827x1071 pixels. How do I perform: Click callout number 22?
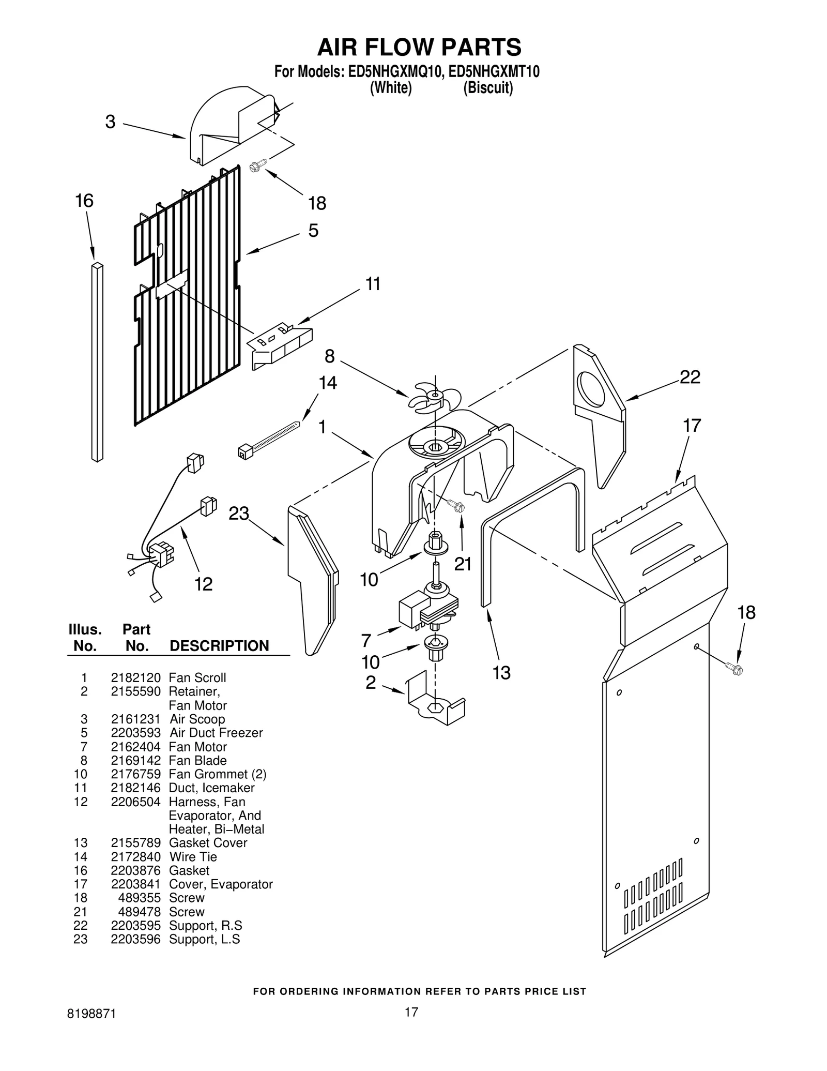pos(690,377)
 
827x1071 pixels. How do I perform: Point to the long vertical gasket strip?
pos(97,362)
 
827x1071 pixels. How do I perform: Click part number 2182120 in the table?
pos(135,677)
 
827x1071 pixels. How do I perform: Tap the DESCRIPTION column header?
pos(219,645)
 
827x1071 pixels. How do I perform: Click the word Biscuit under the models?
pos(488,88)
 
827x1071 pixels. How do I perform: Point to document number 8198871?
pos(91,1029)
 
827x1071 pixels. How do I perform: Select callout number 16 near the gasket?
pos(84,201)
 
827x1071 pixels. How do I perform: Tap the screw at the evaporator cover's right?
pos(734,669)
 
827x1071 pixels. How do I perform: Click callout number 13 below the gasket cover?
pos(501,672)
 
